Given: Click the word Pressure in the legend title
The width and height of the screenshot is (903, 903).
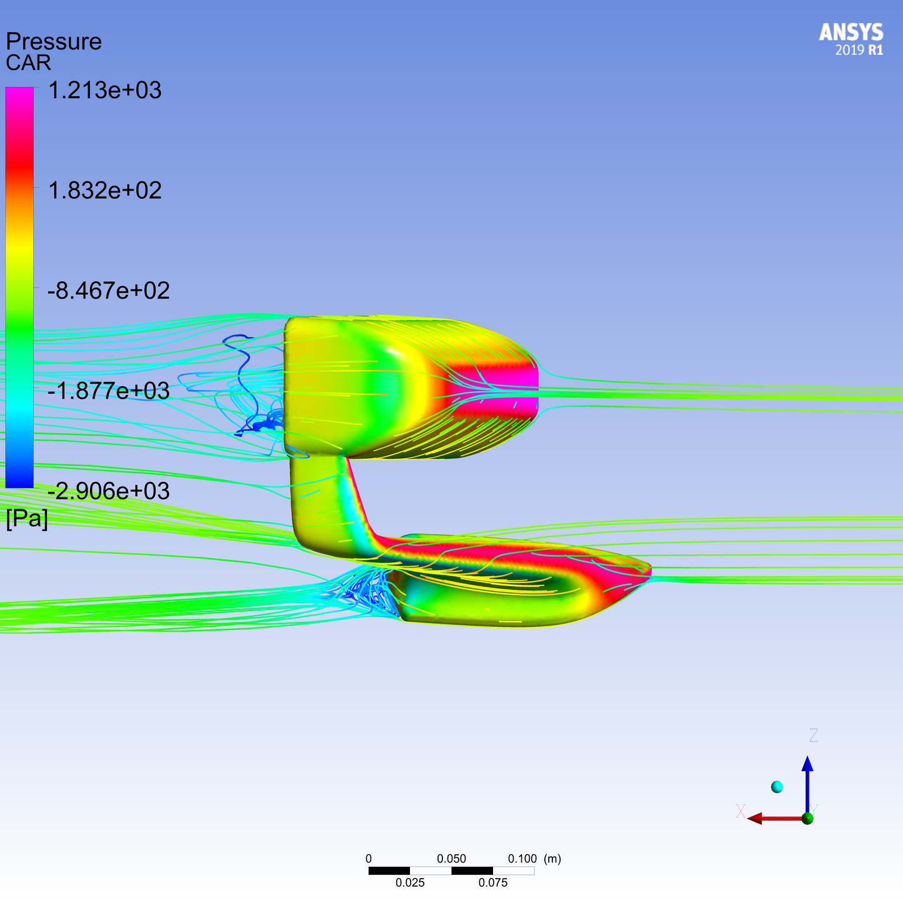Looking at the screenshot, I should [x=54, y=42].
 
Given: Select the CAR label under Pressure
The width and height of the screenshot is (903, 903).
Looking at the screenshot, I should [x=28, y=63].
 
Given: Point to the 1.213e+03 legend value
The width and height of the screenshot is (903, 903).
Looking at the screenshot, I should [x=105, y=91].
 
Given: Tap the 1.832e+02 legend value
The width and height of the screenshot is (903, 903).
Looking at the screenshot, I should [x=105, y=191].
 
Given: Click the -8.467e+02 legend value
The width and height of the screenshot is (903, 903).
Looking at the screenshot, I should [x=109, y=291].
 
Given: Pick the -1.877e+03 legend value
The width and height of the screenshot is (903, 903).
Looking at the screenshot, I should [x=109, y=391].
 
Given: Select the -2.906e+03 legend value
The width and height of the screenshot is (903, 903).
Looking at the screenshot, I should [x=109, y=491].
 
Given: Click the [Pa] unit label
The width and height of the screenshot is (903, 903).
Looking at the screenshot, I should [x=27, y=519].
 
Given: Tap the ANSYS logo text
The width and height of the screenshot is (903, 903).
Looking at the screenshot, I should [x=851, y=32].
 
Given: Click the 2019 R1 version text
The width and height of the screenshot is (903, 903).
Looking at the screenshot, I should [x=859, y=51].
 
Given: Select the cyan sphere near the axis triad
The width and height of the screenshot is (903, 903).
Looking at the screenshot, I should [x=777, y=787].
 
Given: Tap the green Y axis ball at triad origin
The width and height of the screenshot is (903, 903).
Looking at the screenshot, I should [x=807, y=818].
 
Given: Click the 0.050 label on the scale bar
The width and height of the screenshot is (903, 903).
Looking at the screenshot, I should [x=451, y=859].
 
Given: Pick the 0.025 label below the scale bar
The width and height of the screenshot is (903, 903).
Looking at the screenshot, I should [x=410, y=883].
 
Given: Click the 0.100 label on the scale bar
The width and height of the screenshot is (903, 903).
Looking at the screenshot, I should [x=522, y=859].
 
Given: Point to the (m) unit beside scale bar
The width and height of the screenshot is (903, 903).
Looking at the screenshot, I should [x=552, y=859].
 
